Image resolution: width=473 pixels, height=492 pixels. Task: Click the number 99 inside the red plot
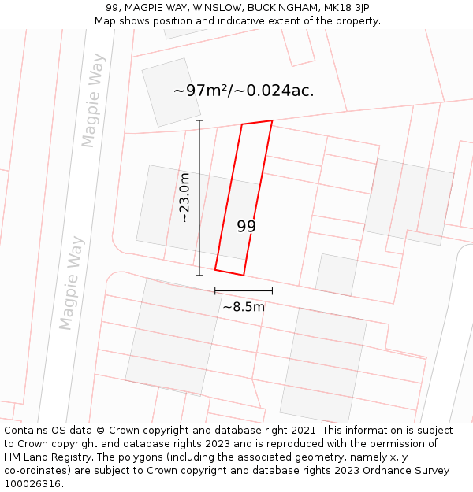pos(246,227)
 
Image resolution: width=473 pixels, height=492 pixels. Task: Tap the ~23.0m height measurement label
pos(184,198)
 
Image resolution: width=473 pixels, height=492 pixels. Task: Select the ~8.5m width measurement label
pos(243,307)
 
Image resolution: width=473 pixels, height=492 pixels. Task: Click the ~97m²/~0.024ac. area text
pos(244,91)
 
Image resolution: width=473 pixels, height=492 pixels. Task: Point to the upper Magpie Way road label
pos(93,100)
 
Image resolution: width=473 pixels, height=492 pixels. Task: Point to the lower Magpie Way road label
pos(71,283)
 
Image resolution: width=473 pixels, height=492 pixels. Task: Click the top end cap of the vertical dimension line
pos(199,120)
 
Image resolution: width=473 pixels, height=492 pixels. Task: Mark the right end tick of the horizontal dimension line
pos(272,290)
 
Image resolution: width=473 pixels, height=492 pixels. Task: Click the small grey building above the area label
pos(171,92)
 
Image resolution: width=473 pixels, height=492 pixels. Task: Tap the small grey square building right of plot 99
pos(337,275)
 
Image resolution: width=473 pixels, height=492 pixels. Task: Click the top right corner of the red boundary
pos(272,120)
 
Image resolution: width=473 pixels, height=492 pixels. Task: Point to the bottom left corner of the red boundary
pos(215,270)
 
